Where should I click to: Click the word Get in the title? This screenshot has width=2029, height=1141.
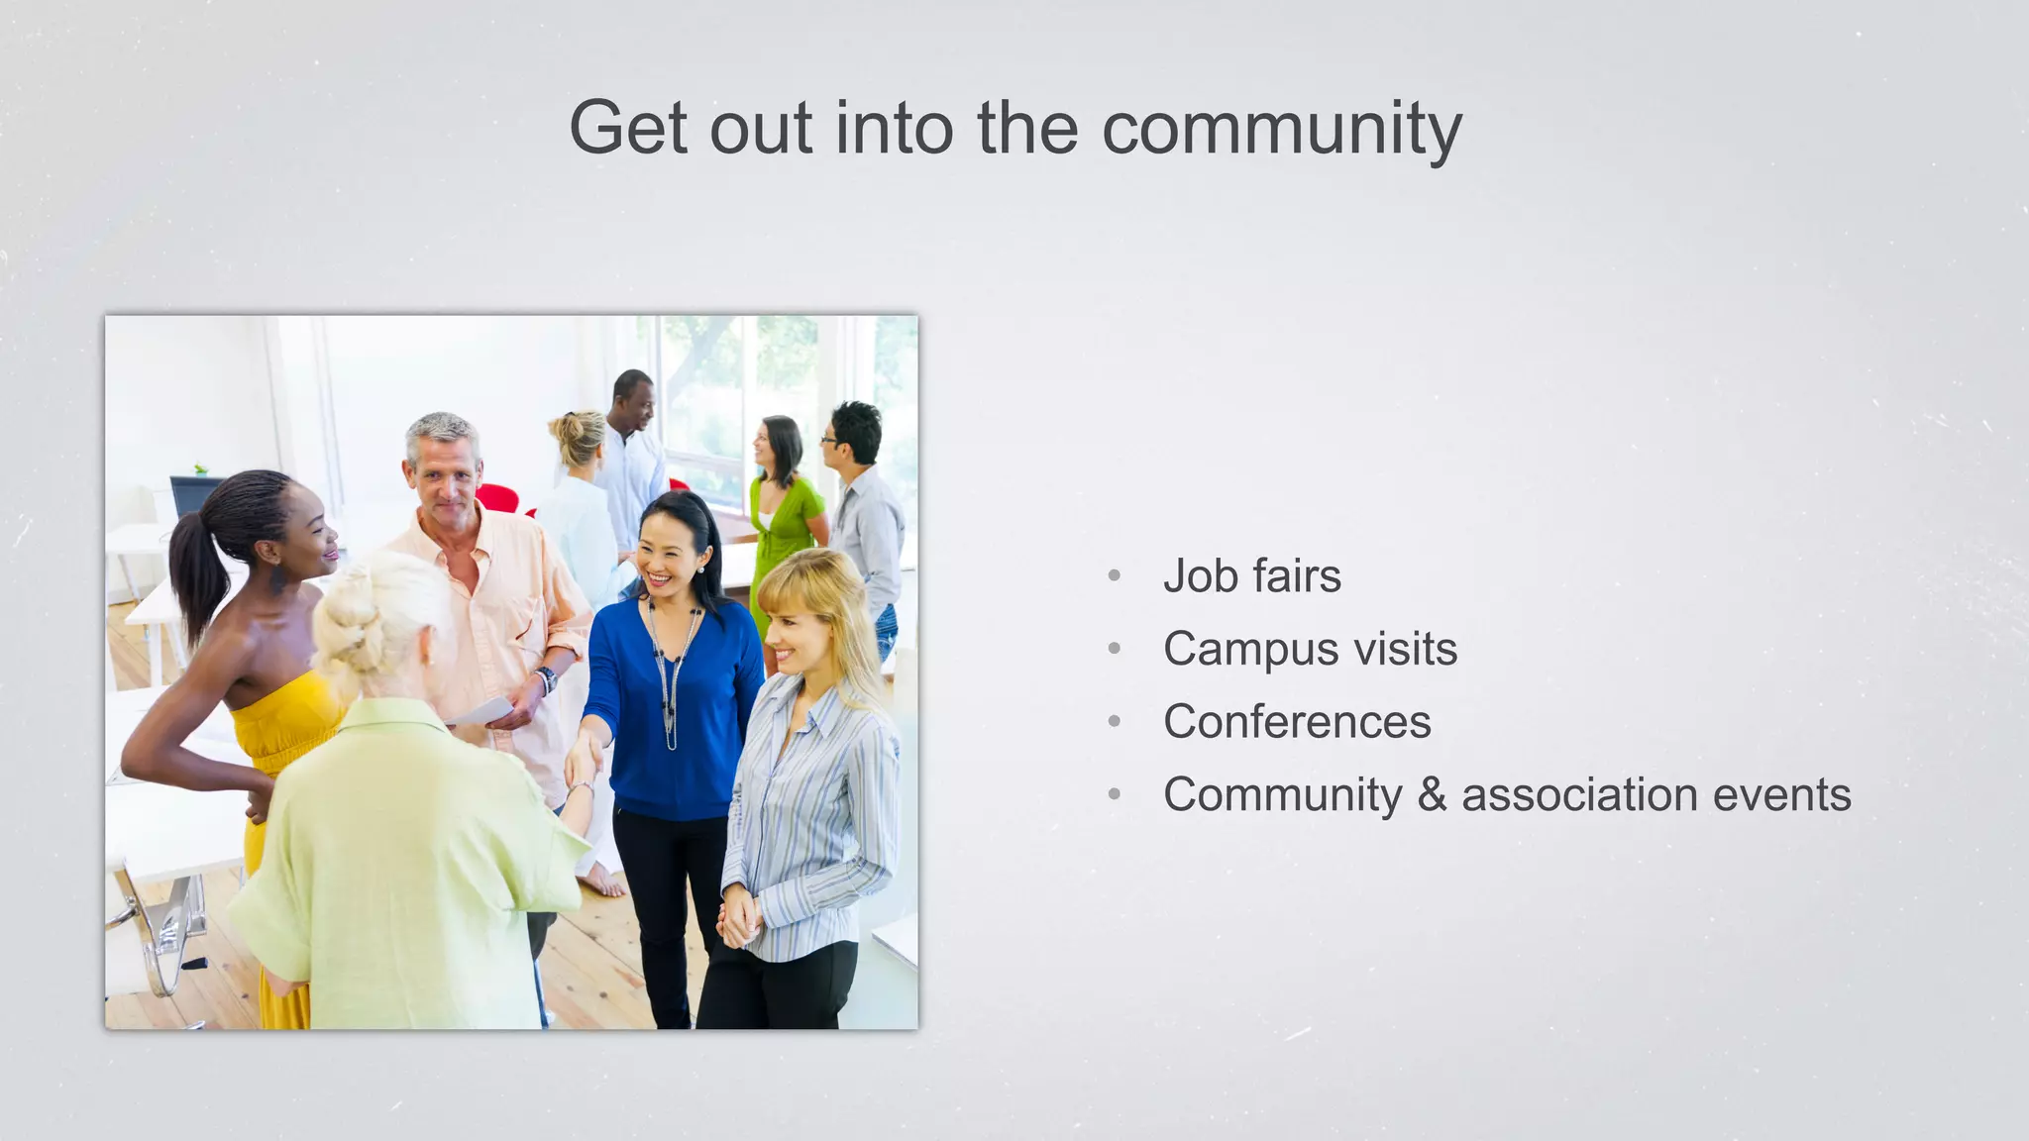tap(628, 129)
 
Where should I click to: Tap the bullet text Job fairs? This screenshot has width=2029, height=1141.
tap(1251, 576)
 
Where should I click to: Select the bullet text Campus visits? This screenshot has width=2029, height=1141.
tap(1310, 650)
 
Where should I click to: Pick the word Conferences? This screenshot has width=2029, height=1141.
tap(1297, 722)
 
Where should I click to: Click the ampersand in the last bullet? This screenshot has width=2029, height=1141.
tap(1432, 795)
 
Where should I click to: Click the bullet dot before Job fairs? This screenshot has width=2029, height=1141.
tap(1115, 575)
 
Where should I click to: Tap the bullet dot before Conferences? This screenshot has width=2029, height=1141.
tap(1115, 722)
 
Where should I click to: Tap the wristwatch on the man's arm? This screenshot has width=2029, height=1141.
tap(546, 679)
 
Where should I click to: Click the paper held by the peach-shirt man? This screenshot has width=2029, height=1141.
tap(482, 711)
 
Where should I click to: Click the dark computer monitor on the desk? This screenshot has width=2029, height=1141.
tap(193, 495)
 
